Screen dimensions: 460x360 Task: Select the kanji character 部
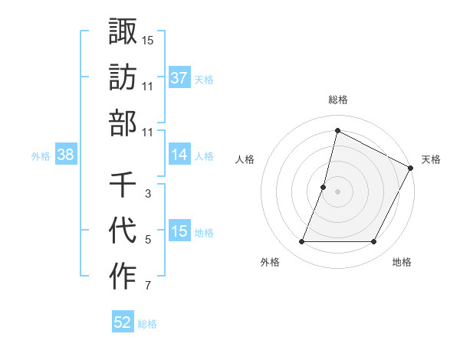click(x=123, y=124)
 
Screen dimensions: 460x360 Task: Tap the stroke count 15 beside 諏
click(x=148, y=39)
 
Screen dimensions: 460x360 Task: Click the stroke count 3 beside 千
click(x=148, y=194)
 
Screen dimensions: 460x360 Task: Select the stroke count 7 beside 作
click(x=148, y=286)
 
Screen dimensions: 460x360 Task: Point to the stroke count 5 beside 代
click(x=148, y=240)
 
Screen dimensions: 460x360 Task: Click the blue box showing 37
click(x=179, y=77)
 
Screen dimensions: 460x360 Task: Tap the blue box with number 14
click(x=179, y=155)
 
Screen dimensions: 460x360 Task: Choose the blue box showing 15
click(x=179, y=232)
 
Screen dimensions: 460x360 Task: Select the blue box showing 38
click(x=65, y=155)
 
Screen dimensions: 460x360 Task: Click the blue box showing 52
click(x=123, y=322)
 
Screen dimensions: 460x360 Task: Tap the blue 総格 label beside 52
click(x=147, y=324)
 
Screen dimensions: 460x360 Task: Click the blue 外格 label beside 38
click(x=41, y=155)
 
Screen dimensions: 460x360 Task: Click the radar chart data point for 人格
click(x=324, y=187)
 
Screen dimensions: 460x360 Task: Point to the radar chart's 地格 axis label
click(x=402, y=262)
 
